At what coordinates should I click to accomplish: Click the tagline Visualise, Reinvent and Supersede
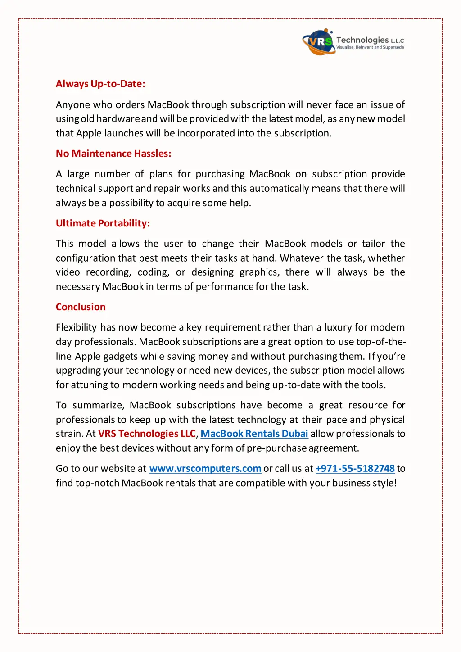pos(370,47)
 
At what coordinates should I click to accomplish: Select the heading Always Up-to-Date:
pos(100,84)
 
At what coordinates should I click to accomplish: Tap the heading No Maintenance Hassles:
pos(113,154)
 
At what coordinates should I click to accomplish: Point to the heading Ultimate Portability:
pos(103,223)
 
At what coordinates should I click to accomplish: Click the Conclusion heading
pos(81,307)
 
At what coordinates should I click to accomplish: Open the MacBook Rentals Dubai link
pos(254,434)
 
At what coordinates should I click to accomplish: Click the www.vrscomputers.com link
pos(205,469)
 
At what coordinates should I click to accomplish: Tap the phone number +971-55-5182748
pos(355,469)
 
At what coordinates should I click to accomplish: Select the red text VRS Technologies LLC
pos(147,434)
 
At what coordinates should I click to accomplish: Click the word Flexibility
pos(76,327)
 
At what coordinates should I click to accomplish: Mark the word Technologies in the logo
pos(362,40)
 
